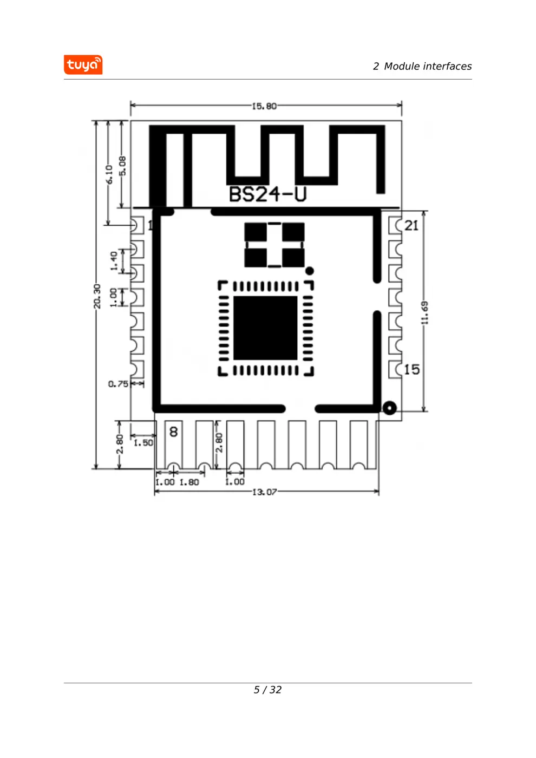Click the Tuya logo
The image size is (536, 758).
click(83, 64)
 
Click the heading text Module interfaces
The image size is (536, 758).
click(428, 66)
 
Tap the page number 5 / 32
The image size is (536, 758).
click(267, 690)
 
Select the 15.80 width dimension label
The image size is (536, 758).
click(264, 106)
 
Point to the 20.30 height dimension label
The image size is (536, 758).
click(97, 296)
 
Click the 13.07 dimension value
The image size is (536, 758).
click(264, 492)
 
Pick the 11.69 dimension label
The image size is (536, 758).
click(424, 312)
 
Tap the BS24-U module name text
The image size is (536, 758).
click(267, 194)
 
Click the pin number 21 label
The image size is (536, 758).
click(411, 225)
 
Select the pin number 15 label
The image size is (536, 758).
click(412, 369)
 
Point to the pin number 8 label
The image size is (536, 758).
click(174, 432)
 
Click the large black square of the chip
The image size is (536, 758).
click(265, 328)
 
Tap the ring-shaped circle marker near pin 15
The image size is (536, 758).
click(389, 408)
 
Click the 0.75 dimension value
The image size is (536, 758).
click(118, 384)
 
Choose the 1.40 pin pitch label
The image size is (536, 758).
click(114, 261)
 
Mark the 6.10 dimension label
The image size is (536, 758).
click(109, 174)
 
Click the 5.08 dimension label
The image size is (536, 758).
click(122, 166)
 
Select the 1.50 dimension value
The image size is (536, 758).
click(143, 443)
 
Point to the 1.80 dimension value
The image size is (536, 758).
click(189, 482)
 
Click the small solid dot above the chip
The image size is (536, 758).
click(309, 271)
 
